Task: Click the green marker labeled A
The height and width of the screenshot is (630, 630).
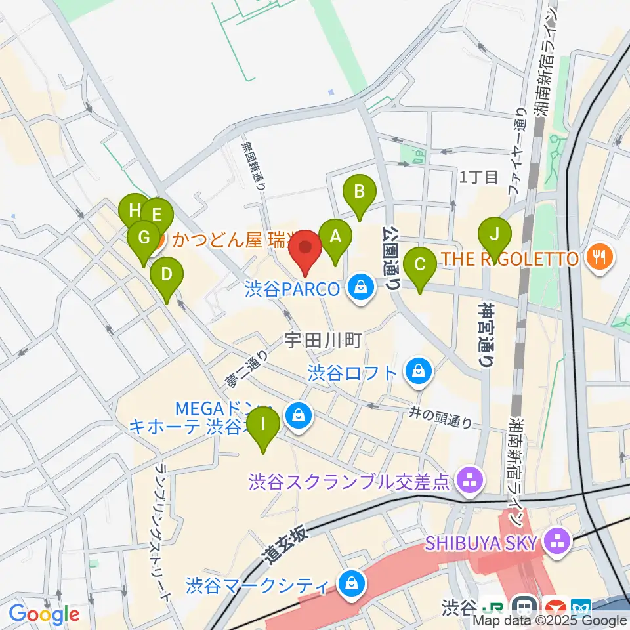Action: coord(335,236)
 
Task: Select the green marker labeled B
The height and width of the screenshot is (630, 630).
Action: coord(360,192)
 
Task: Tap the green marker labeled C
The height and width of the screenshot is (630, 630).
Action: coord(420,264)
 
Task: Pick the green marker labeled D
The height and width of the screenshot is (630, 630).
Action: coord(167,274)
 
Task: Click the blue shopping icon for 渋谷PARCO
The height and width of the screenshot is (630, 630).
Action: coord(360,286)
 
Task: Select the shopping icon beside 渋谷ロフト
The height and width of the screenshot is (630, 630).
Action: coord(417,372)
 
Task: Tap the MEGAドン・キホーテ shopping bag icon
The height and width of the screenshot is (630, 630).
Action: coord(299,415)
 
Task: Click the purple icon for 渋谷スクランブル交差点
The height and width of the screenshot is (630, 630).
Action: coord(469,482)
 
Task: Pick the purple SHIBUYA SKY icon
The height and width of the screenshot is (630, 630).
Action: coord(558,543)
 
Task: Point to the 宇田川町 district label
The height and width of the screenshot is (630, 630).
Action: coord(324,340)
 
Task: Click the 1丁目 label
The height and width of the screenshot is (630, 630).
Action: coord(479,176)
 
